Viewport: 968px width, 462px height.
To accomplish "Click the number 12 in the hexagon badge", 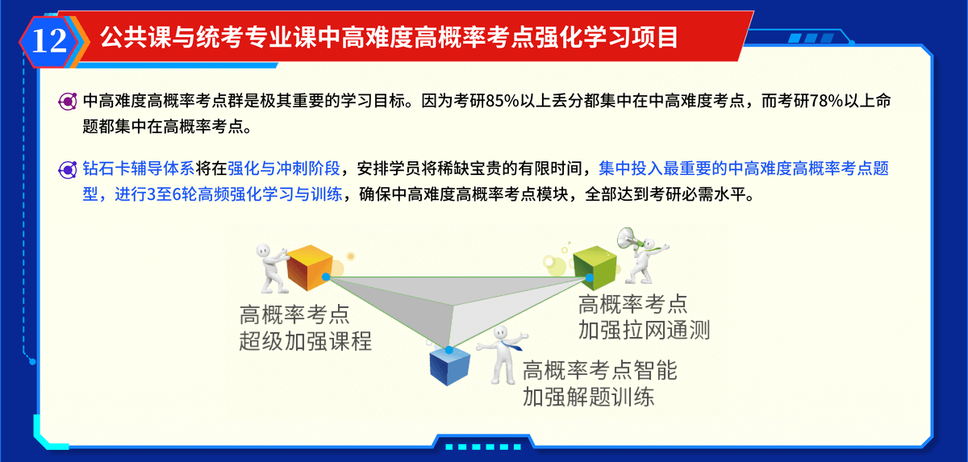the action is (49, 41).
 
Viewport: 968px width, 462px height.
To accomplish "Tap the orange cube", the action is (310, 267).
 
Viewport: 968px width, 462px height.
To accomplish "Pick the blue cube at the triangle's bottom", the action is (450, 367).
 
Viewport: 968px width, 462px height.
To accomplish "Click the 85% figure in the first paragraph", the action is (502, 101).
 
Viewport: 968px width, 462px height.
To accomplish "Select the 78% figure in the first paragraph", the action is (826, 101).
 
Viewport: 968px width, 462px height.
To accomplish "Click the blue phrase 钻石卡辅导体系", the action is (139, 169).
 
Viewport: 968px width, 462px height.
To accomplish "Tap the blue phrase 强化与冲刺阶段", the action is (284, 169).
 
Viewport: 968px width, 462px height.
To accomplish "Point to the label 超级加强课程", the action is (305, 341).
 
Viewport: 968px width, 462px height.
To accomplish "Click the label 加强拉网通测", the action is (644, 331).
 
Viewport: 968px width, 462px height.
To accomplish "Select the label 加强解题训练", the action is (588, 397).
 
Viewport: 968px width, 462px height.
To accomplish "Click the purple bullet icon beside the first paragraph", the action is (68, 102).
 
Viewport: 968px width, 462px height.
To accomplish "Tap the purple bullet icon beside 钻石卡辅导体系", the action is (68, 169).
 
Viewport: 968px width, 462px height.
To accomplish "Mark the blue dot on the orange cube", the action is (326, 277).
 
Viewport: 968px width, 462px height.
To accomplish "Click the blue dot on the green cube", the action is (589, 277).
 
